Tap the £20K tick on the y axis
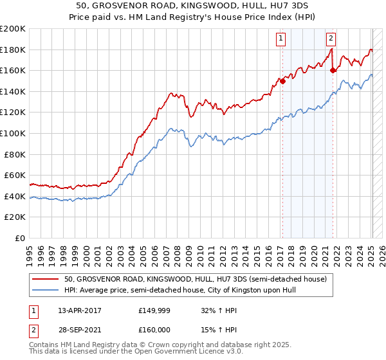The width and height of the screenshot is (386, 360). click(15, 217)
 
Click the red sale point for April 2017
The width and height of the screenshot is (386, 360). click(282, 81)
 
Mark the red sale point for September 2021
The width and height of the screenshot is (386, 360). click(333, 71)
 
